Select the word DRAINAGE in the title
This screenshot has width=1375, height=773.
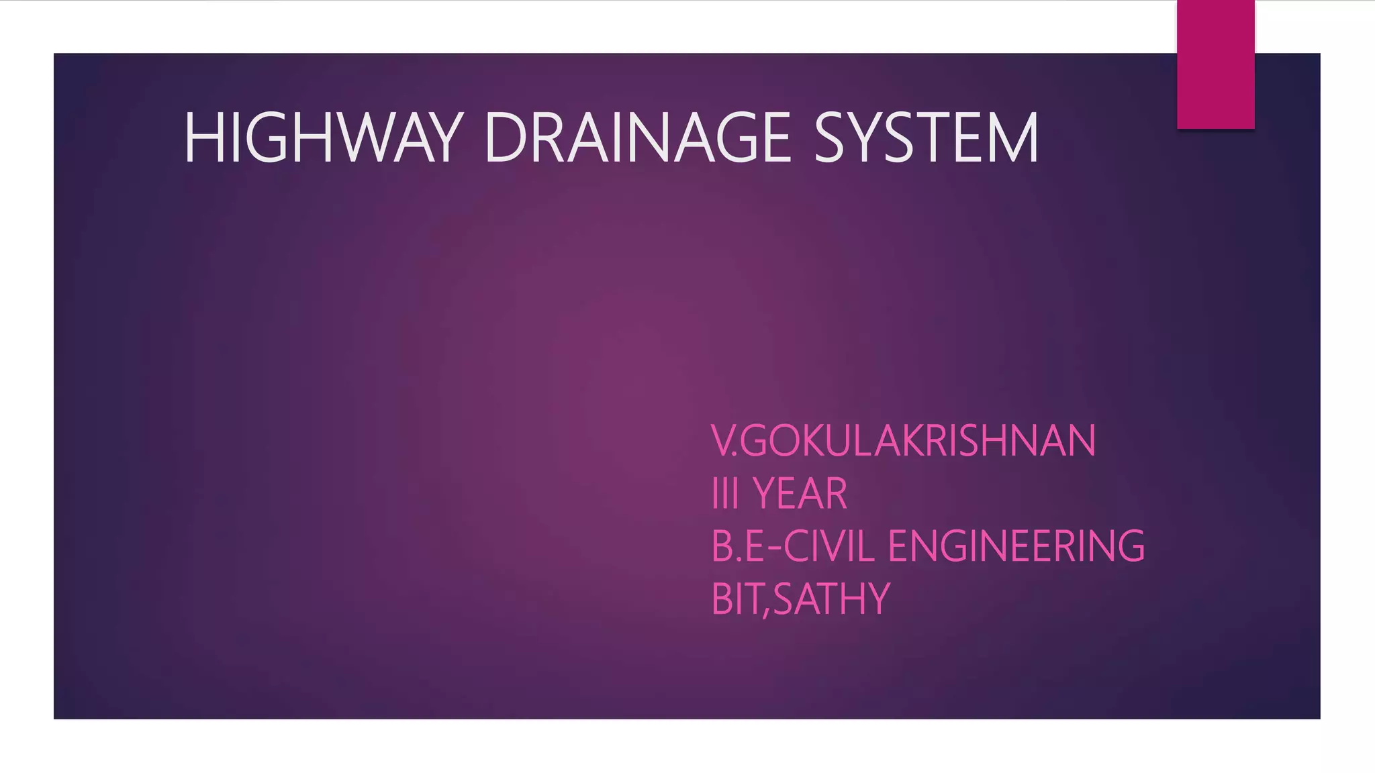[636, 138]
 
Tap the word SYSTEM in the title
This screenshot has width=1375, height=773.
[927, 138]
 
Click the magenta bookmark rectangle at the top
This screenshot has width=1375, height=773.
[1215, 64]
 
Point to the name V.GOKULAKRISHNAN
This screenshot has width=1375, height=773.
[903, 441]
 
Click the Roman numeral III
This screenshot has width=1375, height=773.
[725, 494]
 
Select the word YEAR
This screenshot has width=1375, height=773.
[800, 494]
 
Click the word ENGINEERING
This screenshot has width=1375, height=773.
[1016, 546]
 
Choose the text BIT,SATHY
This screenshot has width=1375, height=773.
[800, 599]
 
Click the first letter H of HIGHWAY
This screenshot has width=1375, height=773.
[199, 138]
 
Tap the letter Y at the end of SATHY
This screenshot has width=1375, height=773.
[878, 599]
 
